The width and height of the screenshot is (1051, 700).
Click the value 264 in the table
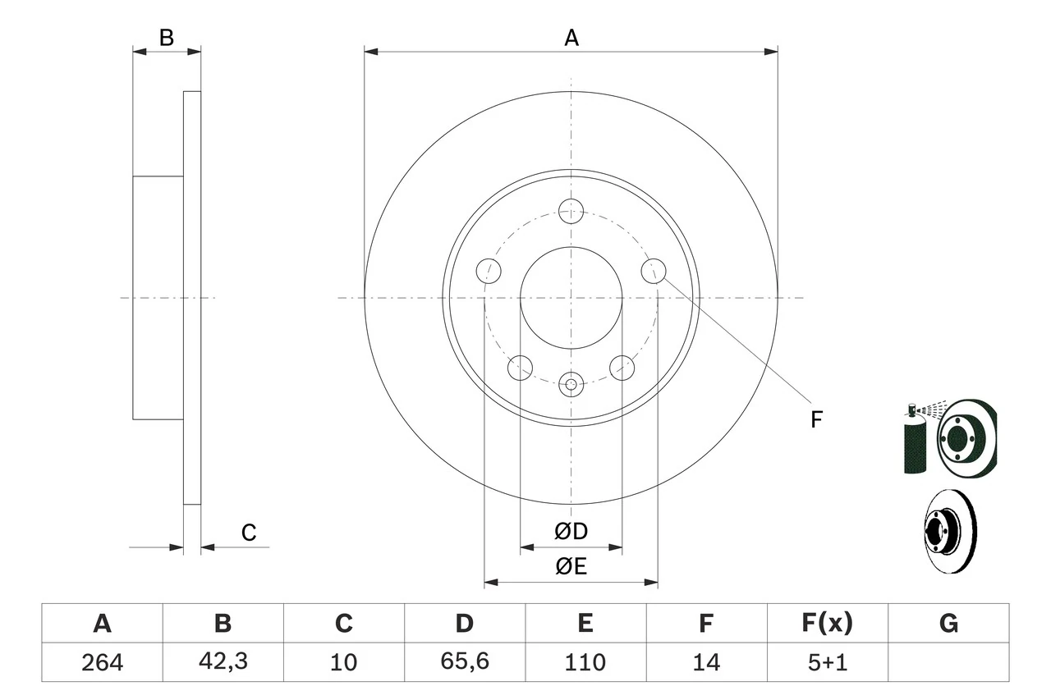(x=102, y=662)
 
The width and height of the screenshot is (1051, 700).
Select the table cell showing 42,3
(x=223, y=662)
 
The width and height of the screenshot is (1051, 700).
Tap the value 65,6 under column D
(x=464, y=662)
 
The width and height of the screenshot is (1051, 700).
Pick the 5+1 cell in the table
(x=827, y=662)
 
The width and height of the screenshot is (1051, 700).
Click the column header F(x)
(x=827, y=624)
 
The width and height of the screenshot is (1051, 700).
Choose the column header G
(x=948, y=624)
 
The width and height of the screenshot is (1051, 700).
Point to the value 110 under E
(x=585, y=662)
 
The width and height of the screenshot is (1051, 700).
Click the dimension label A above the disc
(x=571, y=38)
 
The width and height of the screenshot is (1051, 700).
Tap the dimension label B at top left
(x=167, y=38)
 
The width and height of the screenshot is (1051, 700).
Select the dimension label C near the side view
(x=249, y=533)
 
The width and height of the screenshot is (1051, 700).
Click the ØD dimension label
(x=571, y=532)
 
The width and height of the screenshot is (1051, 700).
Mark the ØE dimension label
(x=571, y=567)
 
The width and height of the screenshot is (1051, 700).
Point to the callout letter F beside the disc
(x=815, y=420)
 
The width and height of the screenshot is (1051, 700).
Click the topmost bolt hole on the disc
(x=571, y=210)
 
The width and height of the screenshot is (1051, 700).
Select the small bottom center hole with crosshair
(x=571, y=382)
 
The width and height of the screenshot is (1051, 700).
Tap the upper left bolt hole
(x=489, y=270)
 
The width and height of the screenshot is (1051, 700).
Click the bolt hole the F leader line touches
(x=653, y=270)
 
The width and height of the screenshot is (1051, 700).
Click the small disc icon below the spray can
(x=948, y=531)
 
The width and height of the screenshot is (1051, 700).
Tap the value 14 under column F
(x=706, y=662)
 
